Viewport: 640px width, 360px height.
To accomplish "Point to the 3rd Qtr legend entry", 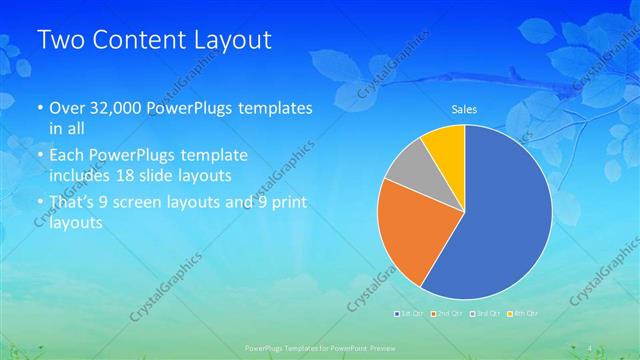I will tap(484, 314).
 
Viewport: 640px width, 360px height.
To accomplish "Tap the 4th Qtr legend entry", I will tap(523, 314).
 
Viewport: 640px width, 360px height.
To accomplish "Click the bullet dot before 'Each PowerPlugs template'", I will tap(39, 157).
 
